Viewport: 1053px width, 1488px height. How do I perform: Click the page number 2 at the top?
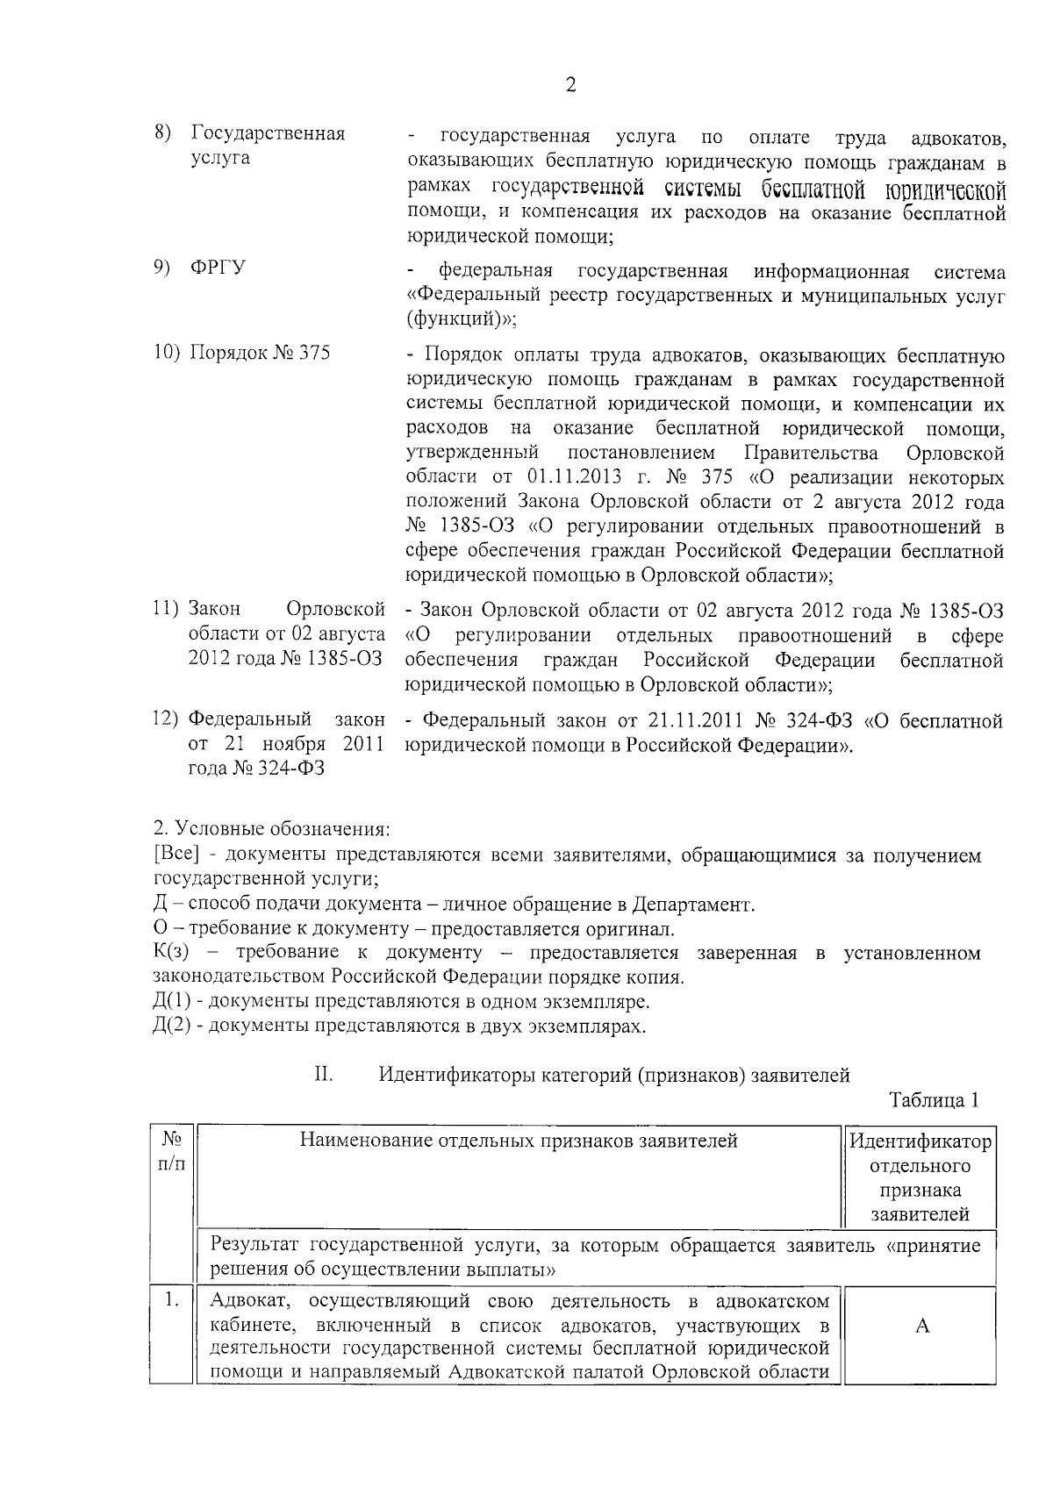570,85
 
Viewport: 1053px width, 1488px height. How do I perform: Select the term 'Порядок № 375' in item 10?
260,354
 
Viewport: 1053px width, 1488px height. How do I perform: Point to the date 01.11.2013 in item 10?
574,477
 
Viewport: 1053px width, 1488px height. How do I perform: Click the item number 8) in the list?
162,134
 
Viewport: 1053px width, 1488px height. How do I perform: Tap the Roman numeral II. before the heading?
321,1075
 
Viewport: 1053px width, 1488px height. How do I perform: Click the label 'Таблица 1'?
934,1100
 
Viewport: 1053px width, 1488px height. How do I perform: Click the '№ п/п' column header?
172,1153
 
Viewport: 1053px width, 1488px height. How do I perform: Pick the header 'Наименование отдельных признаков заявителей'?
519,1141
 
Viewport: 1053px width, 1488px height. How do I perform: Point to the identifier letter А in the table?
921,1327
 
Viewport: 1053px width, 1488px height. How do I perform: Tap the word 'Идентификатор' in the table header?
920,1141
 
